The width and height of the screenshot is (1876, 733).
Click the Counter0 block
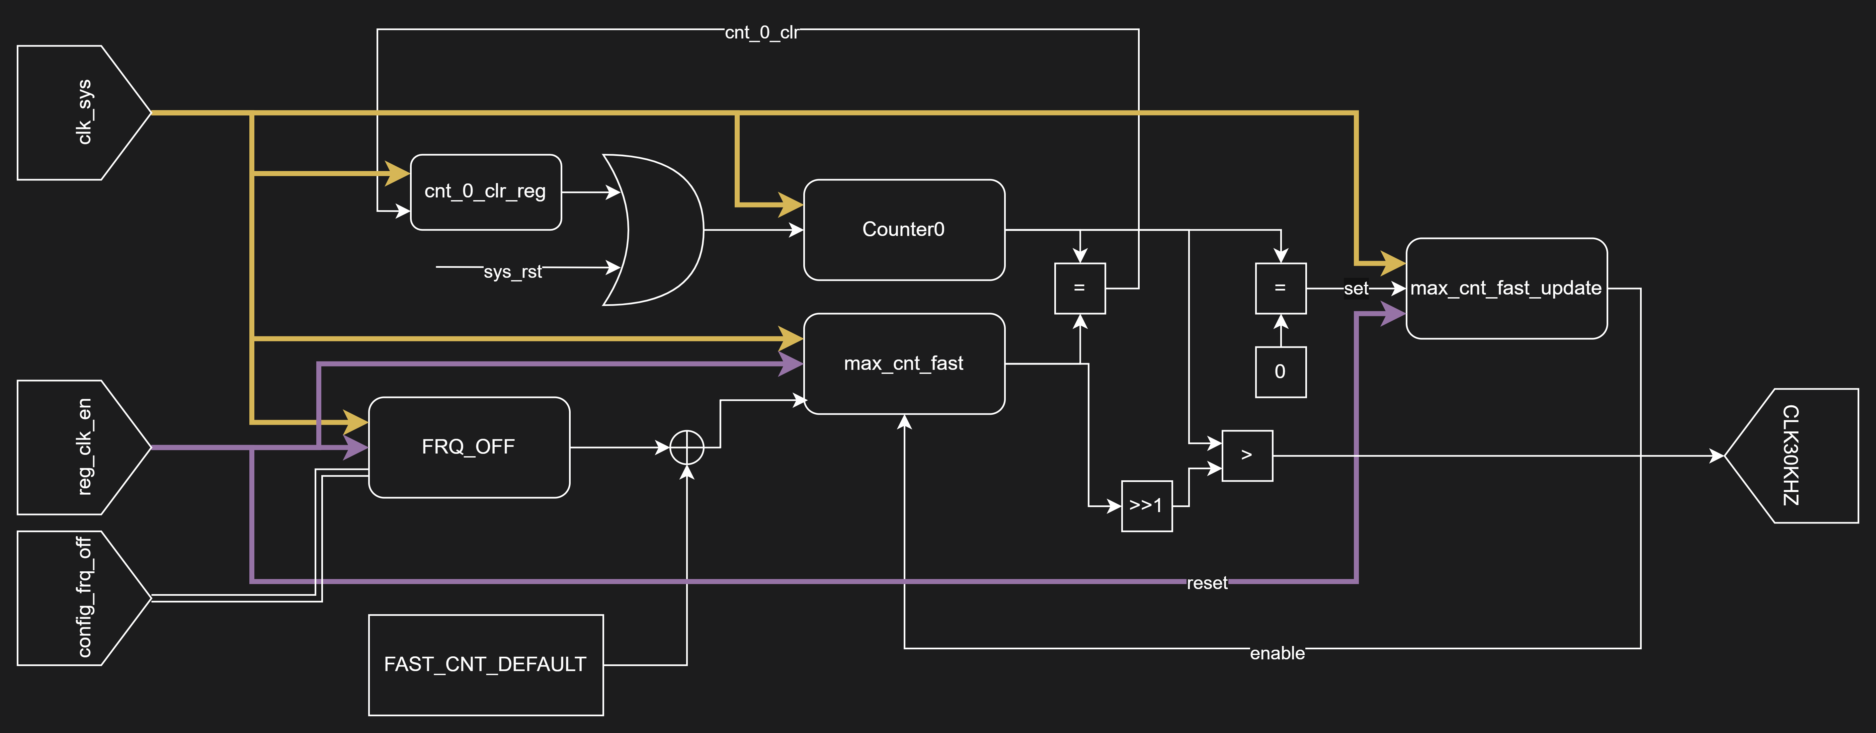[904, 229]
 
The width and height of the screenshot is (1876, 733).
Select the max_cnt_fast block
[904, 363]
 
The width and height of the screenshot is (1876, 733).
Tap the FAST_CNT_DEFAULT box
[486, 665]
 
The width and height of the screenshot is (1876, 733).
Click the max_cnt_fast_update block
[1506, 288]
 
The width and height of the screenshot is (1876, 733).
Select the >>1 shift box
[1146, 506]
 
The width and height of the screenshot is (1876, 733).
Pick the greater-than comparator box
[1247, 456]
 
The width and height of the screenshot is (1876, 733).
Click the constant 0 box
[1280, 372]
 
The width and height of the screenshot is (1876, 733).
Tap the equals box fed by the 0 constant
[1280, 288]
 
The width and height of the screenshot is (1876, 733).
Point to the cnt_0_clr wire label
[761, 33]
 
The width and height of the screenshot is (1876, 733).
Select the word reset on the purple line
[1207, 583]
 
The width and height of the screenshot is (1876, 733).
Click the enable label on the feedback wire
[1277, 654]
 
